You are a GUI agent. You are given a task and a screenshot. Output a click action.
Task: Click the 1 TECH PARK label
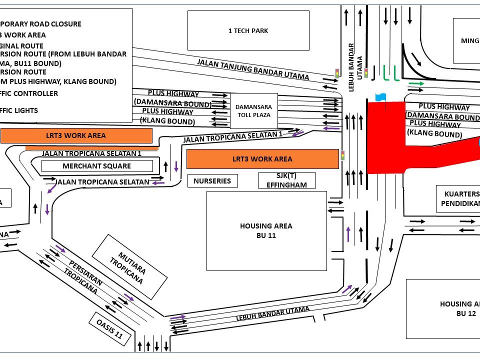click(248, 31)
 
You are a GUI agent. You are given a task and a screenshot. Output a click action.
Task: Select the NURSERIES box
click(212, 181)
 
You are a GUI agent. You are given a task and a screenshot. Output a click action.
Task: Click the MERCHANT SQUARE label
click(97, 166)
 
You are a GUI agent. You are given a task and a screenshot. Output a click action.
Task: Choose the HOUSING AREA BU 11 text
click(266, 230)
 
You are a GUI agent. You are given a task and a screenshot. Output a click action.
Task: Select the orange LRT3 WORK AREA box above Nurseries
click(262, 159)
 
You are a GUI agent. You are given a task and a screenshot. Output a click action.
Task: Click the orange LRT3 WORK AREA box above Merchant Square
click(76, 135)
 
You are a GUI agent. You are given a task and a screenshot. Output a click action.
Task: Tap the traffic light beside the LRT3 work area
click(343, 155)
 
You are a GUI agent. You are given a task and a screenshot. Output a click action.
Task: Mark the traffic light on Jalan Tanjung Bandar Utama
click(337, 73)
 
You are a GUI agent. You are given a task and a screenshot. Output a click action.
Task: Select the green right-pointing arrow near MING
click(416, 83)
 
